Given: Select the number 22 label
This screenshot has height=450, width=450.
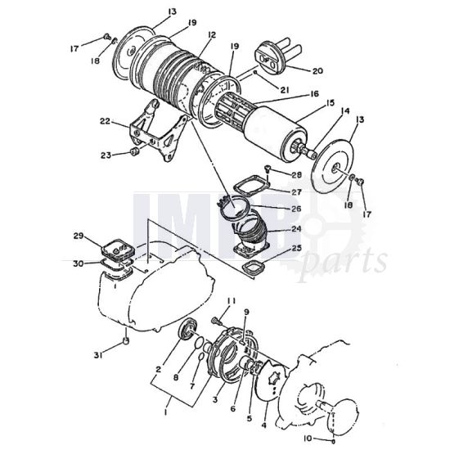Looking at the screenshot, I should [x=105, y=121].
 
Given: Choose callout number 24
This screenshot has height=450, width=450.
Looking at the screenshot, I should [x=296, y=230].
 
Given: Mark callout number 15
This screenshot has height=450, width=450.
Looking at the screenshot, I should [x=332, y=104].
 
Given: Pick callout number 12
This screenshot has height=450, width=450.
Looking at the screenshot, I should [x=212, y=35].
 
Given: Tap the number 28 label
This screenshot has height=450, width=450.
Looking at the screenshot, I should [x=295, y=175].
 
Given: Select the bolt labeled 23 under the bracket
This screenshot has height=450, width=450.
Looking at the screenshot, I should [x=133, y=152].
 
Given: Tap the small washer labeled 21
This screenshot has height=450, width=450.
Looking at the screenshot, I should [x=256, y=77].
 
